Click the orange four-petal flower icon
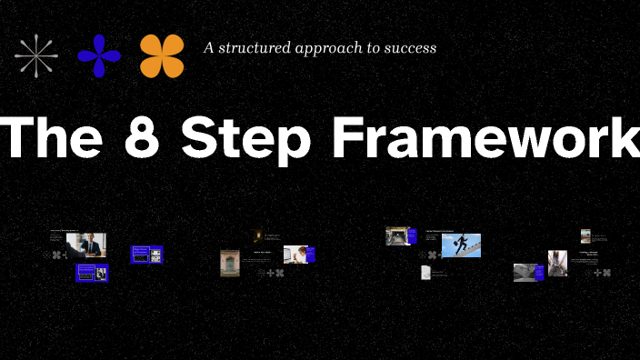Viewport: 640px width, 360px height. coord(162,55)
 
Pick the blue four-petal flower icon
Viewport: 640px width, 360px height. coord(99,55)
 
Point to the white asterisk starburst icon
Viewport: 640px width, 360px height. coord(35,55)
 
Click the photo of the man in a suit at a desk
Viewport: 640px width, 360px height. coord(91,244)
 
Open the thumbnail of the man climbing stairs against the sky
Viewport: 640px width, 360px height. coord(462,245)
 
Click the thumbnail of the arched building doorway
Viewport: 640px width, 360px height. coord(229,262)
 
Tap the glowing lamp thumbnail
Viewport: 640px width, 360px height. coord(257,235)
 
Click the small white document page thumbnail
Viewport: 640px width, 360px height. coord(425,272)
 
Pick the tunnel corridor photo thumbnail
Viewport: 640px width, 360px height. coord(396,235)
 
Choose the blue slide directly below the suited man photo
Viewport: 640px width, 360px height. coord(92,272)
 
